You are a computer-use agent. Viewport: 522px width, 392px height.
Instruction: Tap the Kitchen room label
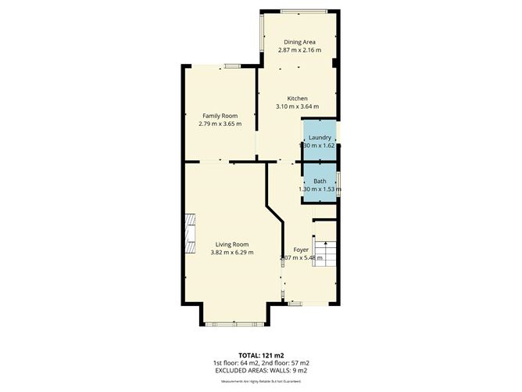coord(297,98)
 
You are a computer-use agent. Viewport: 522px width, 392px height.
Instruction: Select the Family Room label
coord(220,116)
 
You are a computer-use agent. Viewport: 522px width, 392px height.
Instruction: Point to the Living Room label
coord(231,243)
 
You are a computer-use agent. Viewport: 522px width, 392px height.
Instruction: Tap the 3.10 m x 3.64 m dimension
coord(297,106)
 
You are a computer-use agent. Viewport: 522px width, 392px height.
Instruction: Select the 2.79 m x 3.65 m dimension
coord(220,124)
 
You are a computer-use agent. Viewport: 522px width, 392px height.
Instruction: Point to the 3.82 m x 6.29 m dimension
coord(231,252)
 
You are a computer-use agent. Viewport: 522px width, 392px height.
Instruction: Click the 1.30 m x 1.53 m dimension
coord(319,189)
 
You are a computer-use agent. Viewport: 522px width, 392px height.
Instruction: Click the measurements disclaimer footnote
coord(260,381)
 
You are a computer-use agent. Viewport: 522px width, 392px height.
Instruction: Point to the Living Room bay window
coord(238,322)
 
